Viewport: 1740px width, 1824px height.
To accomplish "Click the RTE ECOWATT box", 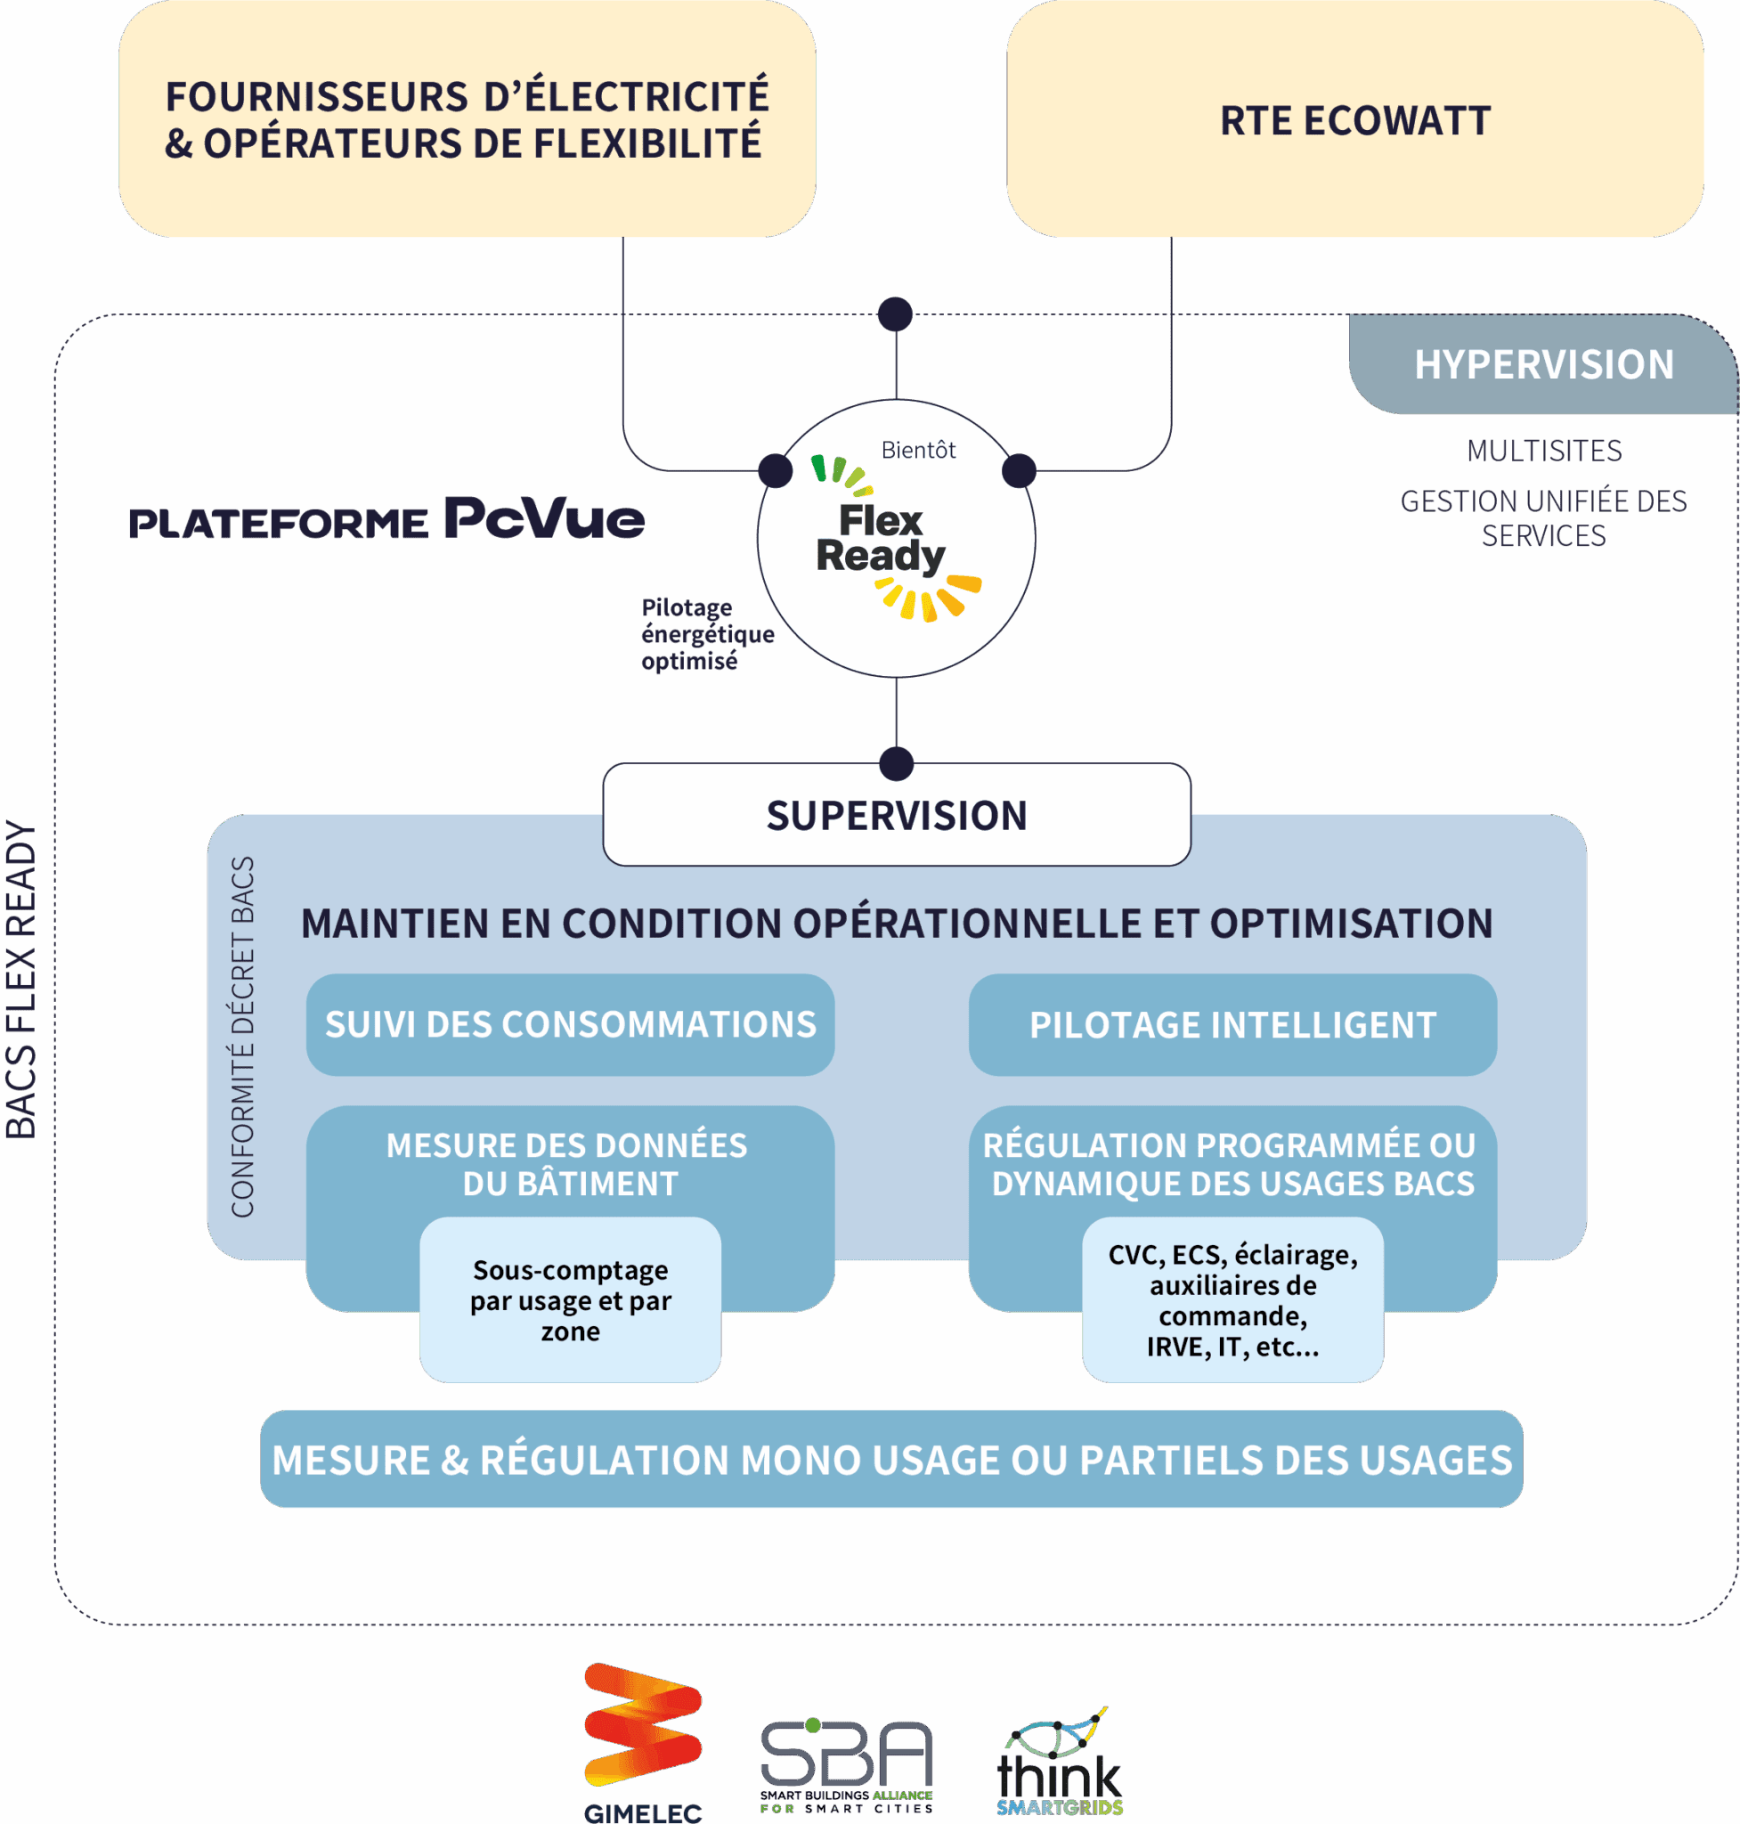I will click(x=1354, y=120).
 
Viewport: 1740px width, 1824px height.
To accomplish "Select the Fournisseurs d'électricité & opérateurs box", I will click(x=467, y=120).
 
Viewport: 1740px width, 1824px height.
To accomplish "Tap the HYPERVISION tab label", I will click(x=1543, y=364).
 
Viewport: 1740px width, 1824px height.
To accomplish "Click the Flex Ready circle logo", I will click(x=896, y=539).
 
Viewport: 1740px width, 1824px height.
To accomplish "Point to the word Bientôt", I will click(x=917, y=450).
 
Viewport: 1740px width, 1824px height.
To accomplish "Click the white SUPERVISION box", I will click(x=896, y=816).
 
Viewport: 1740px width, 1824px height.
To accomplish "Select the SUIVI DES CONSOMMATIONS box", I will click(x=570, y=1024).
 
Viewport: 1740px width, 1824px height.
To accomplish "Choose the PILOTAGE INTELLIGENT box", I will click(x=1232, y=1024).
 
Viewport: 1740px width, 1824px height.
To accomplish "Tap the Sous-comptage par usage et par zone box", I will click(x=570, y=1299).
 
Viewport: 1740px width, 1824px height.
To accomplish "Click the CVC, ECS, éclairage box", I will click(x=1232, y=1299).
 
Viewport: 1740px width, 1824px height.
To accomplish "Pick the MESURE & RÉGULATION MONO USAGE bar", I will click(x=890, y=1460).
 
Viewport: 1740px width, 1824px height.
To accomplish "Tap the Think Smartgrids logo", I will click(x=1059, y=1763).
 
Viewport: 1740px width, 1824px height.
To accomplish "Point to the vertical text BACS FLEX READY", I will click(x=21, y=979).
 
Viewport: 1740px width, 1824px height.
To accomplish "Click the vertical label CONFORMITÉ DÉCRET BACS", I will click(x=242, y=1037).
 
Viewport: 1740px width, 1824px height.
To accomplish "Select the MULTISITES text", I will click(x=1543, y=451).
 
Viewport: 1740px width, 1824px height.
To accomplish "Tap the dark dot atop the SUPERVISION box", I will click(x=896, y=763).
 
